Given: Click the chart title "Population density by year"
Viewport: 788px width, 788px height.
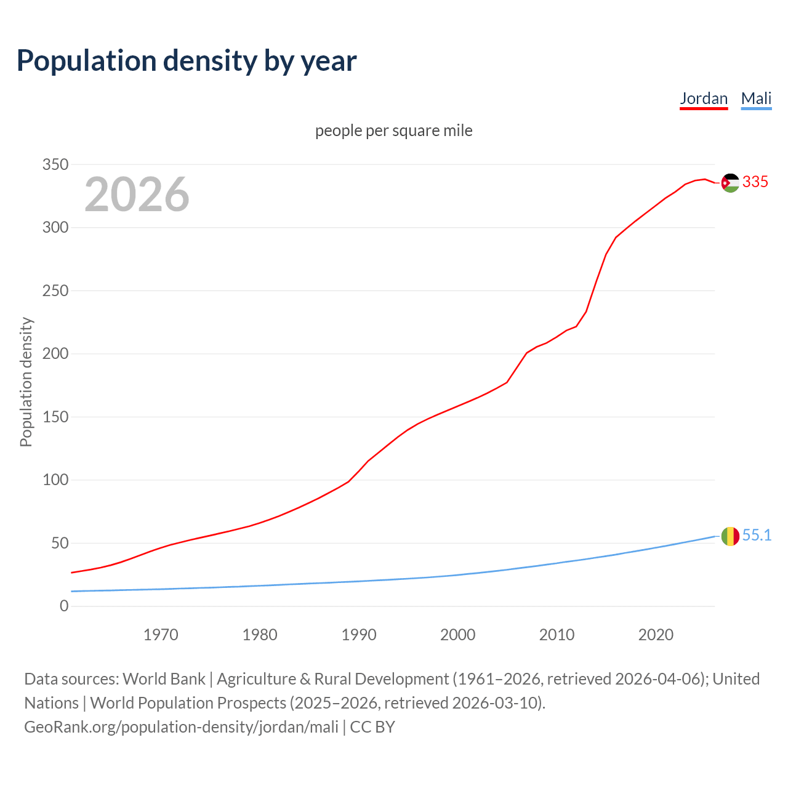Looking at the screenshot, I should coord(187,60).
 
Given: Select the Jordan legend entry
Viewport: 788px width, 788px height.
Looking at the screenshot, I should coord(704,98).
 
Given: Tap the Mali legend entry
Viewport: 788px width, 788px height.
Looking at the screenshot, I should coord(756,98).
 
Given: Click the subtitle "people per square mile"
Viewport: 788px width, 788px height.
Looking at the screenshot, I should coord(394,131).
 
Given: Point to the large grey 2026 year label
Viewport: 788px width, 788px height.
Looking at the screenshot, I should coord(137,195).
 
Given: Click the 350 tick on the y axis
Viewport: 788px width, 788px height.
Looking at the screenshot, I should coord(55,164).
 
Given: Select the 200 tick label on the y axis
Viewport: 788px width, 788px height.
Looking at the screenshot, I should coord(55,354).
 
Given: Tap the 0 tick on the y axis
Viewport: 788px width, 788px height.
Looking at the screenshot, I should coord(64,606).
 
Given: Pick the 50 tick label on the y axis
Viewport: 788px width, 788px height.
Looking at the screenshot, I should coord(60,543).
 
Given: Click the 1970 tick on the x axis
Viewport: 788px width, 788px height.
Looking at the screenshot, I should coord(161,635).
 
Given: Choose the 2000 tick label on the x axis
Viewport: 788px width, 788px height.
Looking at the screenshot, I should coord(458,635).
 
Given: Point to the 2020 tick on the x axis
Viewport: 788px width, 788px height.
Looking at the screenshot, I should coord(656,635).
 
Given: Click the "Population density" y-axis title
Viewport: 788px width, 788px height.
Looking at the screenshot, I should coord(26,382).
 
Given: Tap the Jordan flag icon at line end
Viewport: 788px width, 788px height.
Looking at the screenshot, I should coord(730,183).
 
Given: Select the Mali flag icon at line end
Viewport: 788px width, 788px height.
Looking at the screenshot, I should coord(730,536).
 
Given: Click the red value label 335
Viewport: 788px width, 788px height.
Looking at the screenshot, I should coord(755,182).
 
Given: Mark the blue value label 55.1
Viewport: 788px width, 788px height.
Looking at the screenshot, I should coord(757,535).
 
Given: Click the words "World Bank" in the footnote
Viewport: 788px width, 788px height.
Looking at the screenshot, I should coord(164,678).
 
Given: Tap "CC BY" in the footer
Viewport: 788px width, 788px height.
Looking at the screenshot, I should coord(372,726).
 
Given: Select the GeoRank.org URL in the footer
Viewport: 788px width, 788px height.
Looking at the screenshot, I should coord(182,726).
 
